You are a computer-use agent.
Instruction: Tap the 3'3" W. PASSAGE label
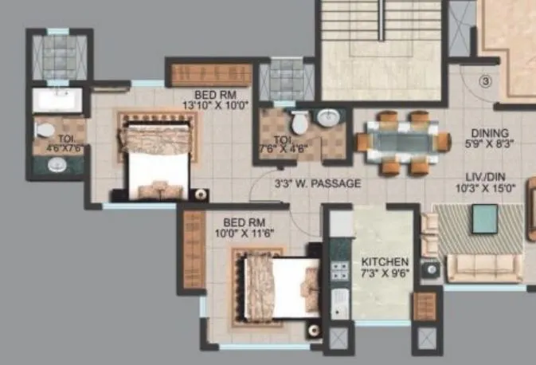coord(317,184)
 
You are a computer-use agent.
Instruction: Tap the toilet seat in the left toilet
coord(45,128)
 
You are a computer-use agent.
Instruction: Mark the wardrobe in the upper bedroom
coord(211,74)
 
